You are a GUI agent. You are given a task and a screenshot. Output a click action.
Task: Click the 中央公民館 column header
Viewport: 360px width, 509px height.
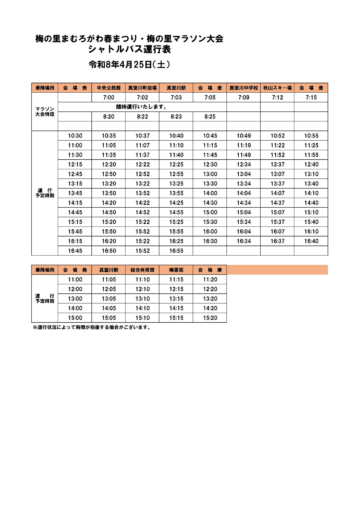tap(108, 88)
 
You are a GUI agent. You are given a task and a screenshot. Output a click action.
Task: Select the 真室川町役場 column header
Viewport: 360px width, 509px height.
tap(142, 88)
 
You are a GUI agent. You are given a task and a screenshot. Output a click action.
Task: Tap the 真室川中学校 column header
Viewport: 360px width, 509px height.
tap(244, 88)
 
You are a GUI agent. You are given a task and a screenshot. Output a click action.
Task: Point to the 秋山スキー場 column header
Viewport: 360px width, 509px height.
tap(277, 88)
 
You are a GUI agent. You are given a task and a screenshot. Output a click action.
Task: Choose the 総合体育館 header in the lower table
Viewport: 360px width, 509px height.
tap(142, 270)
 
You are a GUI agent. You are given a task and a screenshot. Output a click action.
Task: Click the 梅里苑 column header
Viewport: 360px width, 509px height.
tap(176, 270)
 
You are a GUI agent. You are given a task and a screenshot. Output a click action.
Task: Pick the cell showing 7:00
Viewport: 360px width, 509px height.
tap(108, 97)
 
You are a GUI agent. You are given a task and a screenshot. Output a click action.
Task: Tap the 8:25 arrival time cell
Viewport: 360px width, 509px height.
tap(210, 117)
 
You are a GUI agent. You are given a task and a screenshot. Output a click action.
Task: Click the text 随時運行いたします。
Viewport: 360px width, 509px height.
tap(142, 107)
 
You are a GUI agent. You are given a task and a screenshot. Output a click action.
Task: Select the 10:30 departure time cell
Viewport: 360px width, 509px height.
tap(75, 136)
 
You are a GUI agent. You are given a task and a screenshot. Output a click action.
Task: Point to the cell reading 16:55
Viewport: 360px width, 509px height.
tap(176, 251)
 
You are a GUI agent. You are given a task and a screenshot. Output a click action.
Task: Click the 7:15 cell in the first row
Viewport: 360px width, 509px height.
tap(311, 97)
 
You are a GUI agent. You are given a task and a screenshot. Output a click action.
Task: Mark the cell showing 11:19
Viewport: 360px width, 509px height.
tap(244, 145)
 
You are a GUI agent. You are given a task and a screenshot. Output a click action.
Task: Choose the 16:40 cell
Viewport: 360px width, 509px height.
tap(311, 241)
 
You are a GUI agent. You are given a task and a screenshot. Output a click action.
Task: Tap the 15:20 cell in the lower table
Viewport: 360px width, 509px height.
tap(210, 318)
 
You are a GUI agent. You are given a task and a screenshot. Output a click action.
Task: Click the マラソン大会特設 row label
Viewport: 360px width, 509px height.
tap(45, 112)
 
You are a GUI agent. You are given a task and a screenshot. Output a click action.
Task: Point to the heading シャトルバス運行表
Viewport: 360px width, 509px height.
tap(129, 49)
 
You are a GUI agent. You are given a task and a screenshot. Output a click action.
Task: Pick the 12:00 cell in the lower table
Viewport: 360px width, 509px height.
tap(75, 289)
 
